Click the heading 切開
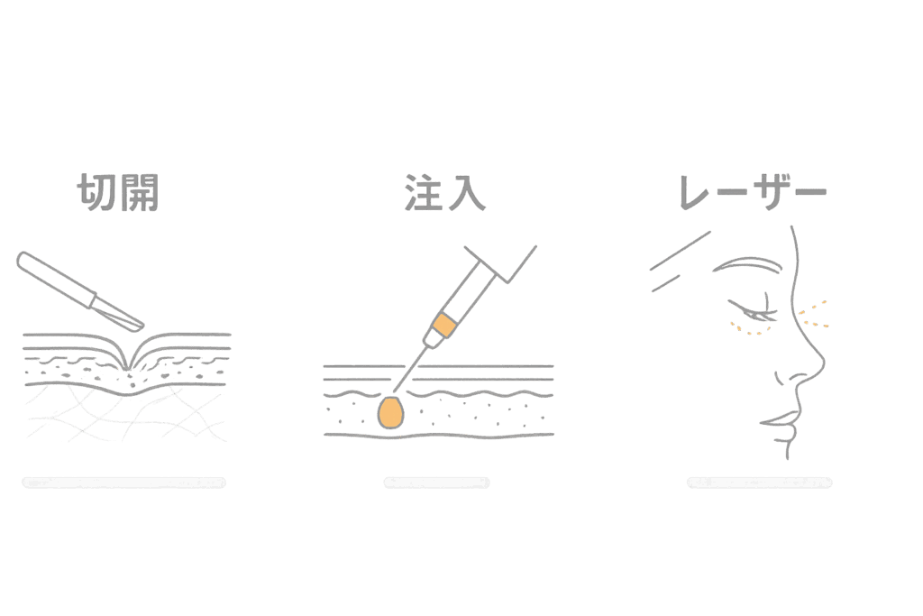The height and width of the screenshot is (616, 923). (118, 192)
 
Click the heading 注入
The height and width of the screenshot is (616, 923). (445, 192)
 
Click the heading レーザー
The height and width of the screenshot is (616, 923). (753, 193)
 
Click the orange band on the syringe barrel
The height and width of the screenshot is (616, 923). (444, 324)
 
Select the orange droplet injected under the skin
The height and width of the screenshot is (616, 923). (390, 412)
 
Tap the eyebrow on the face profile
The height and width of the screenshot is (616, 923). (746, 266)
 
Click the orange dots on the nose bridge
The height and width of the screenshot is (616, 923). (814, 314)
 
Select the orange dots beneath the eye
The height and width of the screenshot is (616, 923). (748, 329)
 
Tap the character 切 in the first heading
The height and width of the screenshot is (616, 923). (96, 192)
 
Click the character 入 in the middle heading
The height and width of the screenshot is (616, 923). (467, 193)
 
